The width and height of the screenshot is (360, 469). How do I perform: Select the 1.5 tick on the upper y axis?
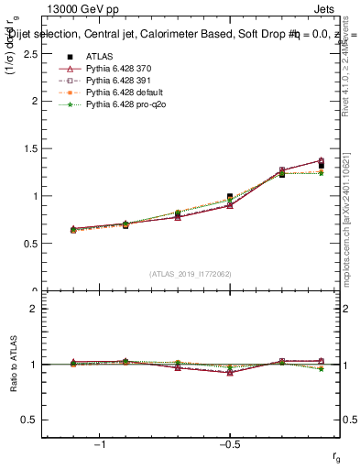coord(32,148)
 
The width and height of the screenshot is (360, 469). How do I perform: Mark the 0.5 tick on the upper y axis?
coord(32,244)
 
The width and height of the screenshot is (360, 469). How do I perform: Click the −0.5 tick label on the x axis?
coord(228,445)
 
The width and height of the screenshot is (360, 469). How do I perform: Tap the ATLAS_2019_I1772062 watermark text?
coord(191,274)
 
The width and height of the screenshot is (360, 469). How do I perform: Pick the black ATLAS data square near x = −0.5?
coord(230,197)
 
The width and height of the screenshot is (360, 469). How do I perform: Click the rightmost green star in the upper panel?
coord(321,173)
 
